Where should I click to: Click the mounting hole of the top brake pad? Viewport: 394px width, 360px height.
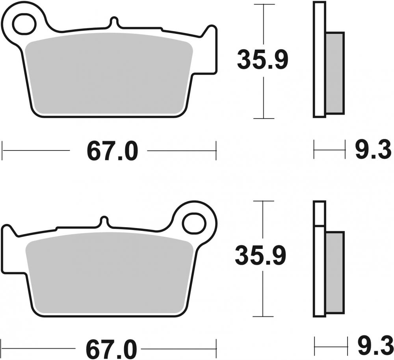click(x=24, y=24)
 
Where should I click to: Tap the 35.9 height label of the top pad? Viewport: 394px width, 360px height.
click(x=262, y=59)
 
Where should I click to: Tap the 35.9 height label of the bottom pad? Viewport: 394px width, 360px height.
click(x=260, y=256)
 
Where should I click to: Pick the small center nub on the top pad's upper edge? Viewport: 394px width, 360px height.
click(x=114, y=21)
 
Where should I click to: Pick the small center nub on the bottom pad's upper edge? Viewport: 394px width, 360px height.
click(x=104, y=221)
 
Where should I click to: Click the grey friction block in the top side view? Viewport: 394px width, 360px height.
click(x=335, y=73)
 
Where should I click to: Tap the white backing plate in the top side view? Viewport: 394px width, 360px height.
click(x=319, y=59)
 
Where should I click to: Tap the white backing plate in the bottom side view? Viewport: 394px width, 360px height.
click(x=319, y=268)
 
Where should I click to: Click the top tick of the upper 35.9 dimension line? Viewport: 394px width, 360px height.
click(x=264, y=4)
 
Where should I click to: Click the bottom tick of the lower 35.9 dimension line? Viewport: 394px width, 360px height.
click(x=263, y=316)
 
